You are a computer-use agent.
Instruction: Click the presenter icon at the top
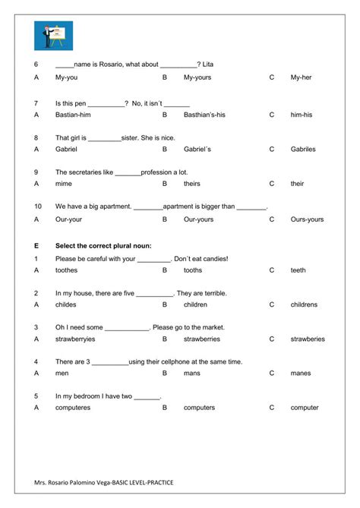tap(54, 35)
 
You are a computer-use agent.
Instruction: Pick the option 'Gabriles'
tap(302, 149)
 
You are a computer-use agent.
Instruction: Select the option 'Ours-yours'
tap(307, 219)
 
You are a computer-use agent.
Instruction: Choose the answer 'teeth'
tap(298, 270)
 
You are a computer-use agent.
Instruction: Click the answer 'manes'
tap(300, 374)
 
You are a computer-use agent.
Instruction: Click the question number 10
tap(37, 207)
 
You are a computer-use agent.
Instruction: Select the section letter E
tap(36, 245)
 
